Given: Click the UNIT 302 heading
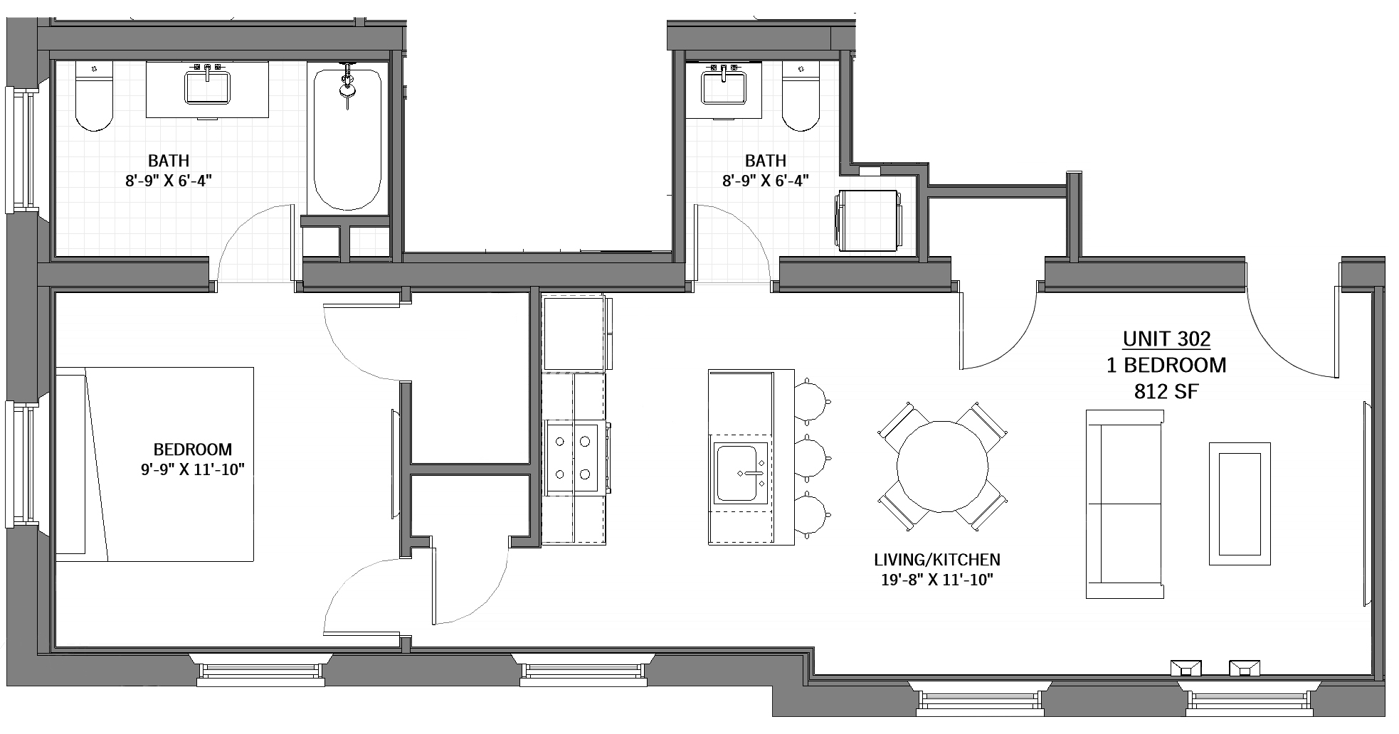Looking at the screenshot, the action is [1166, 339].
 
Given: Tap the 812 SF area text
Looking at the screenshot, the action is [1167, 391].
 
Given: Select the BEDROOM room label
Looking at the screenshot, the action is [193, 450].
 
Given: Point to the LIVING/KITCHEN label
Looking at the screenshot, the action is [937, 560].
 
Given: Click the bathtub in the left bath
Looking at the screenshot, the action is [347, 139].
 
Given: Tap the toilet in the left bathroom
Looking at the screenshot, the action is [94, 97].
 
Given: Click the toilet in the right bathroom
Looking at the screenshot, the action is [801, 97].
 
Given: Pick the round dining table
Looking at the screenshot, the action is [942, 467].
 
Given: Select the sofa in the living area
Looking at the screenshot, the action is [1124, 504].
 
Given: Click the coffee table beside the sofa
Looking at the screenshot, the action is [1240, 504].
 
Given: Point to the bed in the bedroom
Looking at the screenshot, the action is [154, 464].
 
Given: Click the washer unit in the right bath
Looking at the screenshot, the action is [869, 220].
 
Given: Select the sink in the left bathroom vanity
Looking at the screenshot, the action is [208, 85].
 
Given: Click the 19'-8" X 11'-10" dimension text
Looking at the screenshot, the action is [937, 580].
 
